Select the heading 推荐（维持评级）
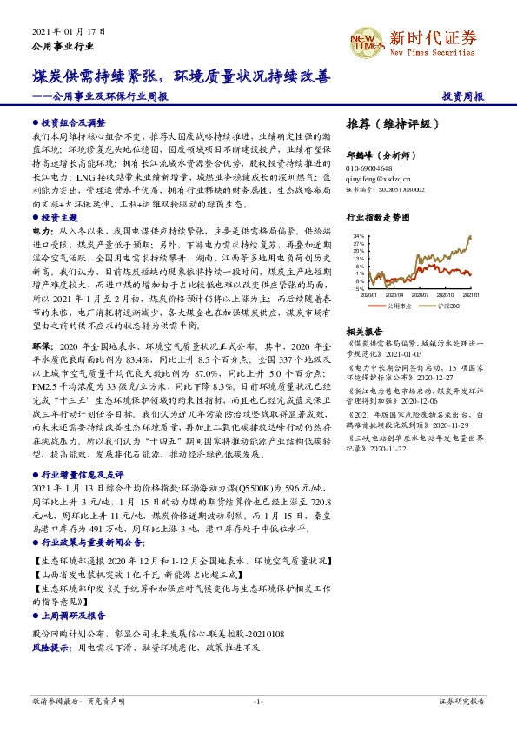click(387, 123)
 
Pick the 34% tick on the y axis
click(358, 235)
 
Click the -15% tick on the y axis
click(358, 288)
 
